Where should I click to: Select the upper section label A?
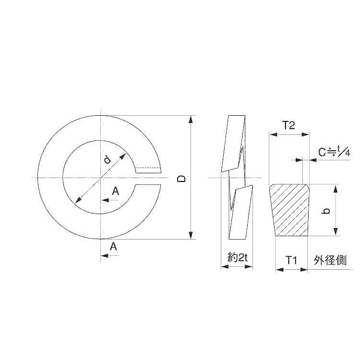pyautogui.click(x=116, y=191)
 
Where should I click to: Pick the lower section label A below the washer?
pyautogui.click(x=113, y=247)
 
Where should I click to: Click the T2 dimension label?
pyautogui.click(x=288, y=125)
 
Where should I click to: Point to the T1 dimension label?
pyautogui.click(x=291, y=260)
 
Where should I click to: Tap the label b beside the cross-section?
pyautogui.click(x=326, y=211)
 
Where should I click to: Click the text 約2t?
pyautogui.click(x=238, y=258)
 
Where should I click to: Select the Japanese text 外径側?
pyautogui.click(x=330, y=260)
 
